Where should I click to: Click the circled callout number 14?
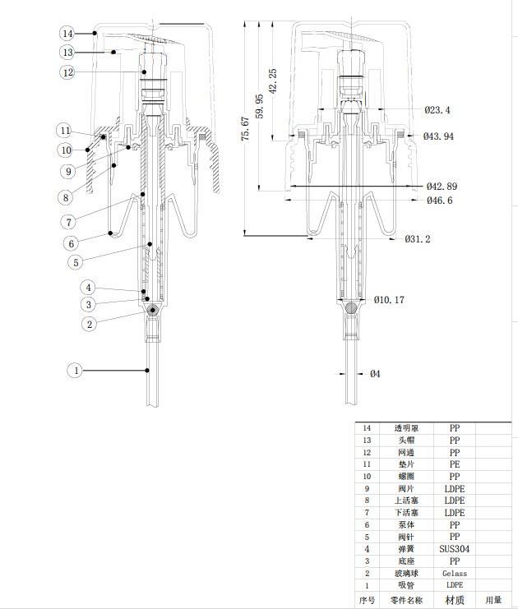pos(67,34)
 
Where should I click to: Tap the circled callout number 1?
pos(76,371)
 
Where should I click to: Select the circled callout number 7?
pos(69,222)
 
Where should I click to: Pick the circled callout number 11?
pos(65,131)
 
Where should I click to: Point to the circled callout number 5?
pos(76,262)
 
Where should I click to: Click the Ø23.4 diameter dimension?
pos(437,110)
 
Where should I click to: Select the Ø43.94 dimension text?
pos(438,136)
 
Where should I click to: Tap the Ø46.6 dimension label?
pos(440,201)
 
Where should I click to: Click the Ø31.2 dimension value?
pos(418,239)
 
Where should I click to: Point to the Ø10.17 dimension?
pos(389,300)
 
